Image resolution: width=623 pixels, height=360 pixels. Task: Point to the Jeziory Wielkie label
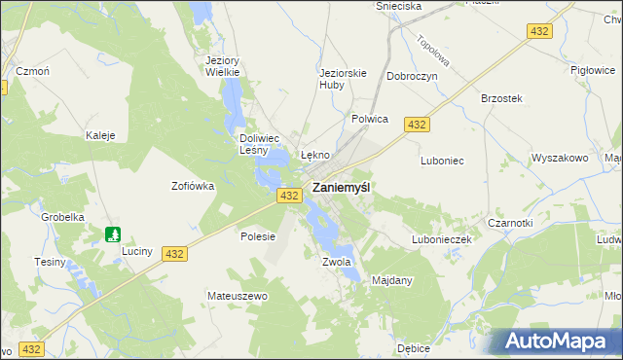click(x=223, y=65)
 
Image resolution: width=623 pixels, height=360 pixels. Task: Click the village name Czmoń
click(x=32, y=71)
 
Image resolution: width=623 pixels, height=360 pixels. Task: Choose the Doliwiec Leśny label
click(x=260, y=144)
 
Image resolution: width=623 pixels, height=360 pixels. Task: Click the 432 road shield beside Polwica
click(x=418, y=125)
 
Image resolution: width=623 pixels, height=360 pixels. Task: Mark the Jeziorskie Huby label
click(x=344, y=77)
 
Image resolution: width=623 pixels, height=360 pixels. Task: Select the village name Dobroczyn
click(x=412, y=76)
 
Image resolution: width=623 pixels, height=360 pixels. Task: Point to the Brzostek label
click(x=502, y=98)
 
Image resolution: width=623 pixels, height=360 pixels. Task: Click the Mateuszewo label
click(x=237, y=295)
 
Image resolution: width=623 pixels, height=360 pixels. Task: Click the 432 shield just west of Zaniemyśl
click(x=287, y=196)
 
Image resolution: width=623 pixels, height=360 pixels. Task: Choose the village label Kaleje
click(x=101, y=135)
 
